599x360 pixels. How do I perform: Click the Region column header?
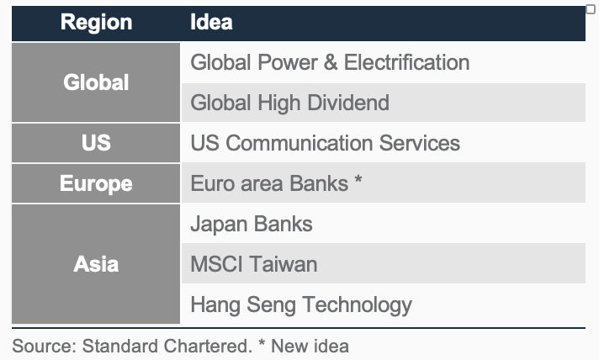coord(96,22)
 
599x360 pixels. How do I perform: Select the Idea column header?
coord(211,22)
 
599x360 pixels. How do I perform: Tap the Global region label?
coord(96,82)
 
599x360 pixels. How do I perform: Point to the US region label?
coord(96,143)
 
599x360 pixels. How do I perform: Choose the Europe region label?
coord(96,183)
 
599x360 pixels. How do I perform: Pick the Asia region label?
coord(96,264)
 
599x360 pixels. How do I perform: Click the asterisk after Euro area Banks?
coord(358,178)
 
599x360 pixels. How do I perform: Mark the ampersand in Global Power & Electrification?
coord(331,62)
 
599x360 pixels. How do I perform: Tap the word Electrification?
coord(407,62)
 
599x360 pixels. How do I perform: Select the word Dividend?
coord(348,103)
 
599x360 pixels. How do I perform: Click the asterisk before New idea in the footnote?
coord(262,342)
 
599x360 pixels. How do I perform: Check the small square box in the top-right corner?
coord(591,8)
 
